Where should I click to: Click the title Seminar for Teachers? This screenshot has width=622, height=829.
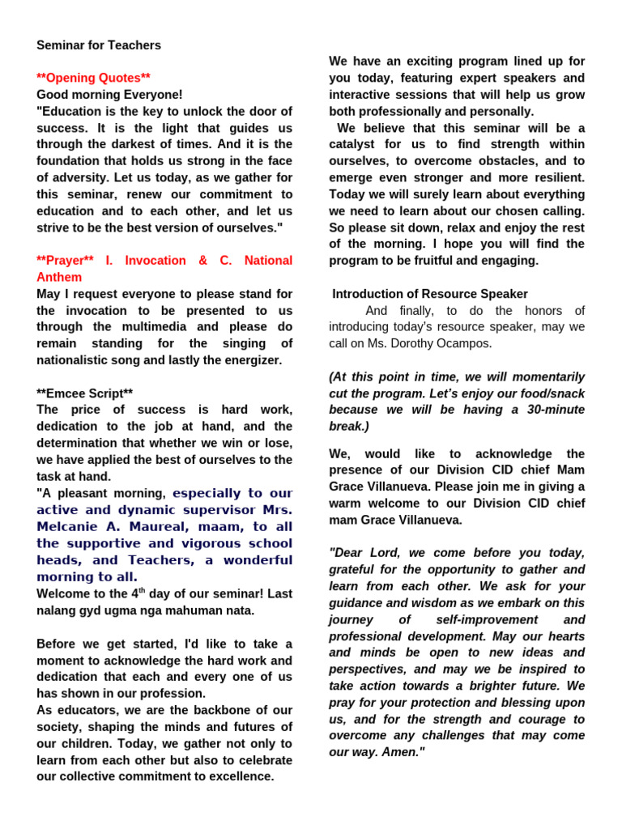coord(99,45)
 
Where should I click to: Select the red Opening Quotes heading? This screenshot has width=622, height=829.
coord(93,78)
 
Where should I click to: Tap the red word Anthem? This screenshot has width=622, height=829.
coord(59,277)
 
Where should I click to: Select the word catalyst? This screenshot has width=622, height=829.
coord(353,145)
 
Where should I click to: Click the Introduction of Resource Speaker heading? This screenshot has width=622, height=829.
coord(430,294)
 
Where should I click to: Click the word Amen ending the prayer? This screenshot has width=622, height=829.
coord(401,752)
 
